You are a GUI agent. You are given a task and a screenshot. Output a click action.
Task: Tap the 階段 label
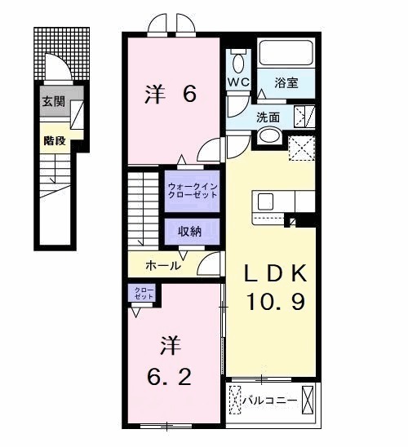click(x=54, y=139)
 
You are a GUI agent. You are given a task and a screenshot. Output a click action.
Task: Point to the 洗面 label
click(x=269, y=116)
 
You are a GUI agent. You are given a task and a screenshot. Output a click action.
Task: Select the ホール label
click(x=162, y=266)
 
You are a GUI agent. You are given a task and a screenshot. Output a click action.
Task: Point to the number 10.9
click(x=277, y=303)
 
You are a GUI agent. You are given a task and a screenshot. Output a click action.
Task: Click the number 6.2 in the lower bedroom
click(x=170, y=378)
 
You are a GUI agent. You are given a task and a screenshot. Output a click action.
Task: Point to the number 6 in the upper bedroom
click(x=189, y=95)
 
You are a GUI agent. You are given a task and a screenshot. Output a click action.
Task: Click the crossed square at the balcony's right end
click(x=308, y=401)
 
